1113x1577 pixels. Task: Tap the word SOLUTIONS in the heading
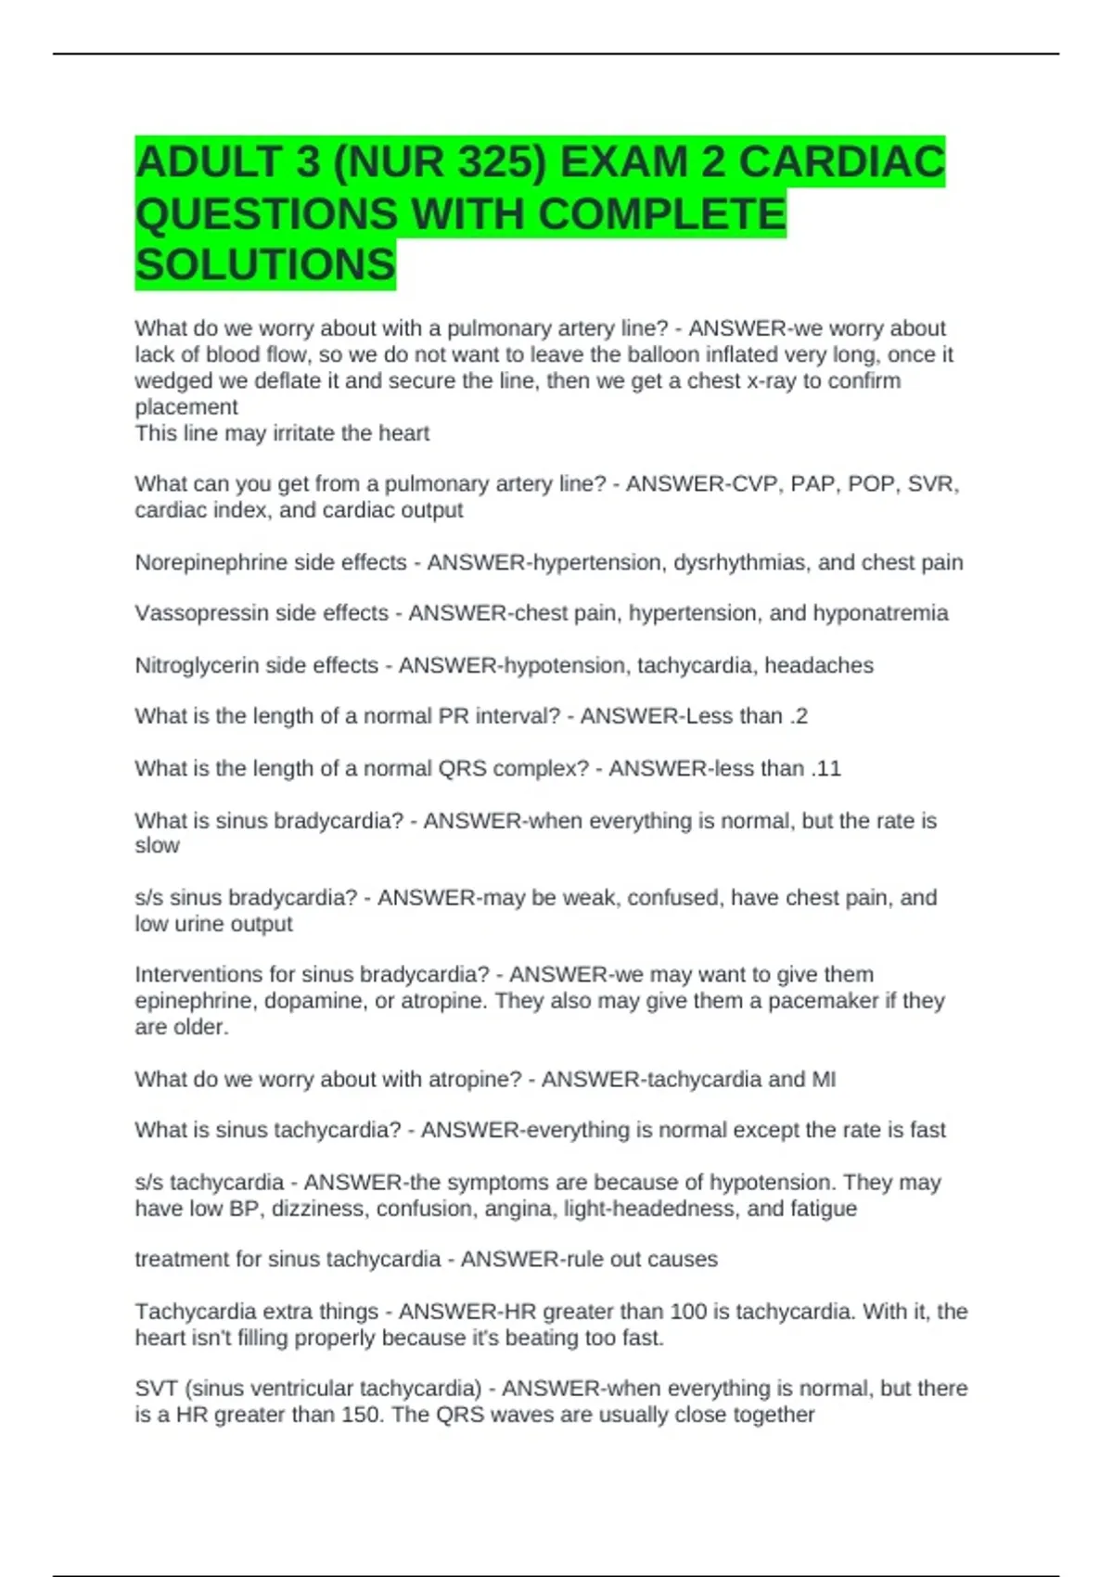coord(265,265)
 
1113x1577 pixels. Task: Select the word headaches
coord(819,665)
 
